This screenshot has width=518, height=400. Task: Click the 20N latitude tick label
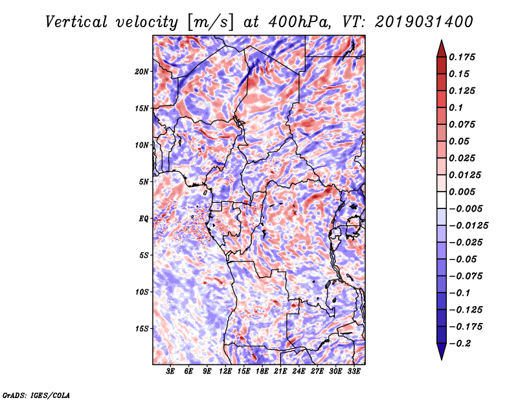coord(142,71)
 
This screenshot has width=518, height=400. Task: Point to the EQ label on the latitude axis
coord(144,219)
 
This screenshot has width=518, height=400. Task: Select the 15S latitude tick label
coord(142,329)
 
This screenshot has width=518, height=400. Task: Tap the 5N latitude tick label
coord(144,182)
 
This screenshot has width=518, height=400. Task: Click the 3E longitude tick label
coord(171,372)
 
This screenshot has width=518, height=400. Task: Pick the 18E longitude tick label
coord(262,372)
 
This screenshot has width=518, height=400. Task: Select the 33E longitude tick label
coord(354,372)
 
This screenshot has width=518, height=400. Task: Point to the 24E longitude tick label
coord(298,372)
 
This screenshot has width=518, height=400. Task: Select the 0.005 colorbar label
coord(464,192)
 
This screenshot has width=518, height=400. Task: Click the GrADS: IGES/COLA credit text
coord(36,394)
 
